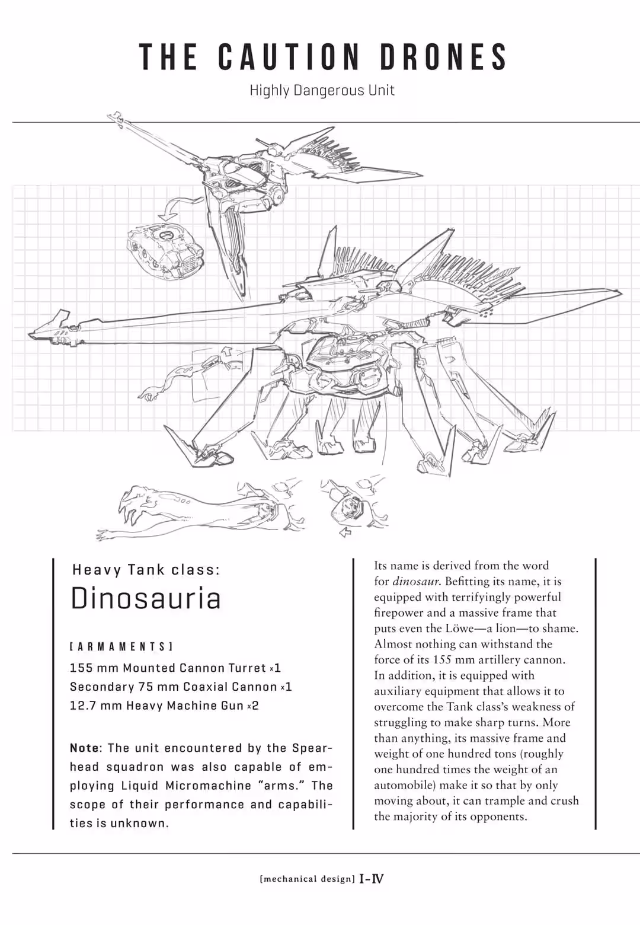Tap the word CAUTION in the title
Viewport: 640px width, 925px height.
coord(289,57)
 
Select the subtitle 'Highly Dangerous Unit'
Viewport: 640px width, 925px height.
coord(322,91)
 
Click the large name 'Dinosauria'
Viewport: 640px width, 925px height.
coord(146,598)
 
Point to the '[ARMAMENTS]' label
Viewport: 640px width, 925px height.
coord(121,646)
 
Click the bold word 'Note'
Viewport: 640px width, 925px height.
coord(85,748)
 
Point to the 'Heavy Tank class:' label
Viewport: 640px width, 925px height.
coord(146,570)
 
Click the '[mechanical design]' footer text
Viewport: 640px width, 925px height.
coord(307,879)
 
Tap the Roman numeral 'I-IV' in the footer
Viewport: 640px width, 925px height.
coord(372,879)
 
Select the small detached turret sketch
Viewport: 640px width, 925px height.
coord(165,248)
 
